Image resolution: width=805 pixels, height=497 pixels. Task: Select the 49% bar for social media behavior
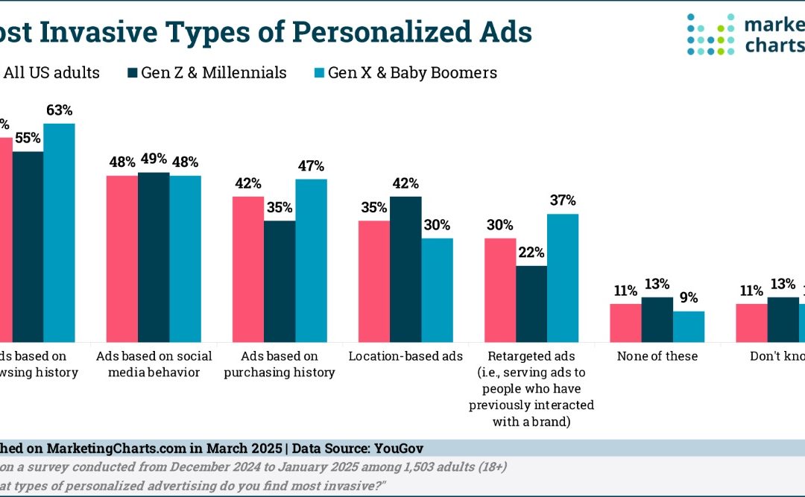[154, 257]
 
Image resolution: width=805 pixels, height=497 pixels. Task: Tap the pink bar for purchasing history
[247, 269]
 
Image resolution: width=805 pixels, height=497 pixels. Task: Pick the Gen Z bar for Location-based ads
[405, 269]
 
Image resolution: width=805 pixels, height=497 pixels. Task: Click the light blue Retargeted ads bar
[563, 278]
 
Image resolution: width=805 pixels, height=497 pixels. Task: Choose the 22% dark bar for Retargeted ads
[531, 304]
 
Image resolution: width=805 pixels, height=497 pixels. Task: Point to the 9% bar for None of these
[689, 326]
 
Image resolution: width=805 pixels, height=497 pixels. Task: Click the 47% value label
[312, 166]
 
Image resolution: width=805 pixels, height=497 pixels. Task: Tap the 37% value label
[563, 201]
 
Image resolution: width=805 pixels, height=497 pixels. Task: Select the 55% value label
[28, 139]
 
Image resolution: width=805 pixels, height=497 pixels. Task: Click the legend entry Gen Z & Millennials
[206, 72]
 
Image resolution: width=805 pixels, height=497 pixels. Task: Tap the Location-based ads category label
[405, 356]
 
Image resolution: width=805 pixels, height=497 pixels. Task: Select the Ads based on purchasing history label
[280, 364]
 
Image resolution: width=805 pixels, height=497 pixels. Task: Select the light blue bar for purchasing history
[311, 261]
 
